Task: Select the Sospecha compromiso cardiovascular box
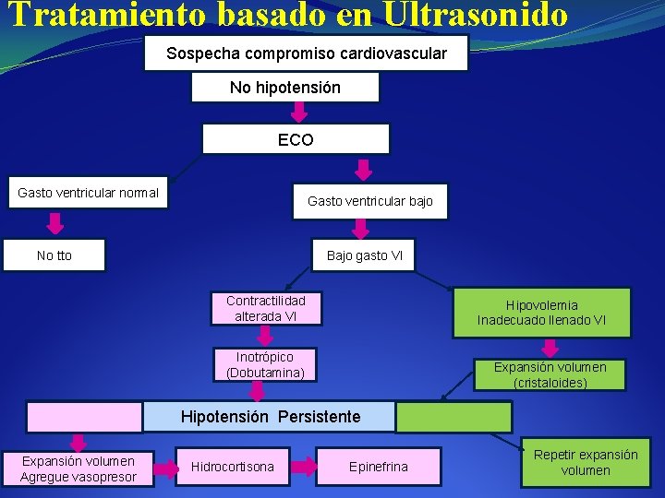click(307, 53)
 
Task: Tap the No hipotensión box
click(285, 88)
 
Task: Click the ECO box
click(296, 140)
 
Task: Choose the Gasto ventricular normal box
click(89, 193)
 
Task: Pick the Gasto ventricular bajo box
click(370, 201)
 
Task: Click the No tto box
click(54, 255)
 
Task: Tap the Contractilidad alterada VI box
click(266, 308)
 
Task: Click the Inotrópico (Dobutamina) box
click(265, 364)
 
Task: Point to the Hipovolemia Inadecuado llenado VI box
click(541, 313)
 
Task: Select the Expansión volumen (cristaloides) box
click(550, 374)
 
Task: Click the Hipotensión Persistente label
click(271, 417)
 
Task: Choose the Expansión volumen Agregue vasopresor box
click(79, 468)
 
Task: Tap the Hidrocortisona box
click(233, 467)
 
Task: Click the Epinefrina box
click(379, 467)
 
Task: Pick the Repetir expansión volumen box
click(586, 462)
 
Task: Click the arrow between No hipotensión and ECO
click(298, 113)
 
